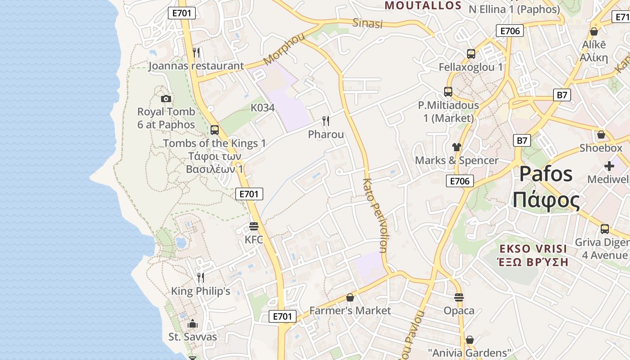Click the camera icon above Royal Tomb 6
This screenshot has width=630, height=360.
coord(166,99)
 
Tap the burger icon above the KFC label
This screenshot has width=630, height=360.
coord(254,226)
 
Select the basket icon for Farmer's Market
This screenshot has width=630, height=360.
coord(350,297)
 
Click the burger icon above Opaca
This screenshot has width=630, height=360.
coord(459,297)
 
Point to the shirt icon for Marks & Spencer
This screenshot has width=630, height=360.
coord(456,147)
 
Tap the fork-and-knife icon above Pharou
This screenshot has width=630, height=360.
coord(326,121)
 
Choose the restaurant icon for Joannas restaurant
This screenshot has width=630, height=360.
coord(196,53)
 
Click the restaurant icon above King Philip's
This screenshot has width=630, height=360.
coord(200,278)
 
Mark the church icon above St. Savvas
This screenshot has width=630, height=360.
coord(193,324)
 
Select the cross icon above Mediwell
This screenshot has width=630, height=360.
coord(609,166)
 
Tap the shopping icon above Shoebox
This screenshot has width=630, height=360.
coord(601,135)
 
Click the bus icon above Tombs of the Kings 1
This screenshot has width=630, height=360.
coord(215,130)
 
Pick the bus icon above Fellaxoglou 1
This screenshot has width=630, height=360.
coord(471,54)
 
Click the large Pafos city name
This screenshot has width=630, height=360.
coord(546,175)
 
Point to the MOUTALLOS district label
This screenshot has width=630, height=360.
coord(423,6)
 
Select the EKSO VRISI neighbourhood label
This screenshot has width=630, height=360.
coord(534,249)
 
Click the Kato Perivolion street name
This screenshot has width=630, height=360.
coord(375,216)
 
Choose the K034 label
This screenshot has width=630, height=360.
coord(262,108)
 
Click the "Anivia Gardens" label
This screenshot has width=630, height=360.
coord(470,353)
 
